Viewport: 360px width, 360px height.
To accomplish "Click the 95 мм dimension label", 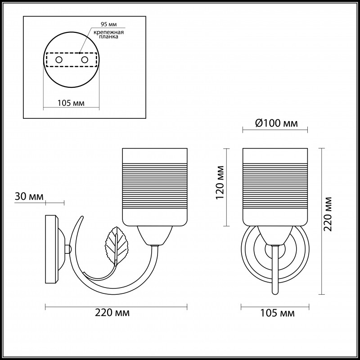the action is pos(108,24).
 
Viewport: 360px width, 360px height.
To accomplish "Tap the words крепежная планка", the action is pos(108,34).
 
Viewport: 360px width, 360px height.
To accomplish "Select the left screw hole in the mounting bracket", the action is pos(59,60).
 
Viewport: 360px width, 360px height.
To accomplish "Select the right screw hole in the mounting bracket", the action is pos(85,60).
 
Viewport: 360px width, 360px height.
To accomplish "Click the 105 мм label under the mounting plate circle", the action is pos(71,103).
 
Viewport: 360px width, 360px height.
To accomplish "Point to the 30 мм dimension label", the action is pos(29,197).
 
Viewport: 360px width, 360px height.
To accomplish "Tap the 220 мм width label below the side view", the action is pos(112,312).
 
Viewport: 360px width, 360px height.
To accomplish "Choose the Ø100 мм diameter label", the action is pos(276,123).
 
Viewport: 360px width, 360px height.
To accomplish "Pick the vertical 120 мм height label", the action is pos(220,183).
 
